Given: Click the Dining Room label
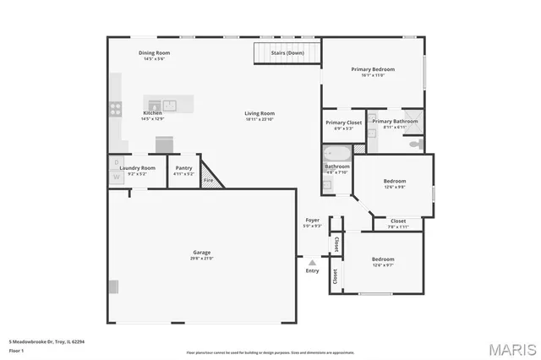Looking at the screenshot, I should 153,53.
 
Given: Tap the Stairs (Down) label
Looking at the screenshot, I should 287,53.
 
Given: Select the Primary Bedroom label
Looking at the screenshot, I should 373,69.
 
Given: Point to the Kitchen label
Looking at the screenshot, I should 152,112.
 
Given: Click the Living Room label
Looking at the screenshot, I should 260,113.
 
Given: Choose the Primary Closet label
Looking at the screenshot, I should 343,123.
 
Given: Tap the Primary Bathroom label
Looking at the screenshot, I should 395,122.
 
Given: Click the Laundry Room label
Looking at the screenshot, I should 138,167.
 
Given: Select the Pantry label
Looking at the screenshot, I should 183,167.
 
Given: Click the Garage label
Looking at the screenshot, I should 201,252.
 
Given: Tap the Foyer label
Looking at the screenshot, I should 312,221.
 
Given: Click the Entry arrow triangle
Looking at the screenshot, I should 312,263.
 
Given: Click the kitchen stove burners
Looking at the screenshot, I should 113,107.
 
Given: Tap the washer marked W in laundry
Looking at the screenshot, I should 116,177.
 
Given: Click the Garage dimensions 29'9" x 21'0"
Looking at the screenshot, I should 201,258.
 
